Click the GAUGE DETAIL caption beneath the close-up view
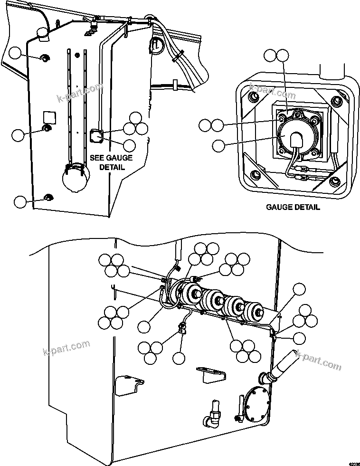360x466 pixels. tap(293, 207)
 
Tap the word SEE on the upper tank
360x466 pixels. tap(98, 158)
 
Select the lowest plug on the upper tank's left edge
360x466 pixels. tap(47, 197)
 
